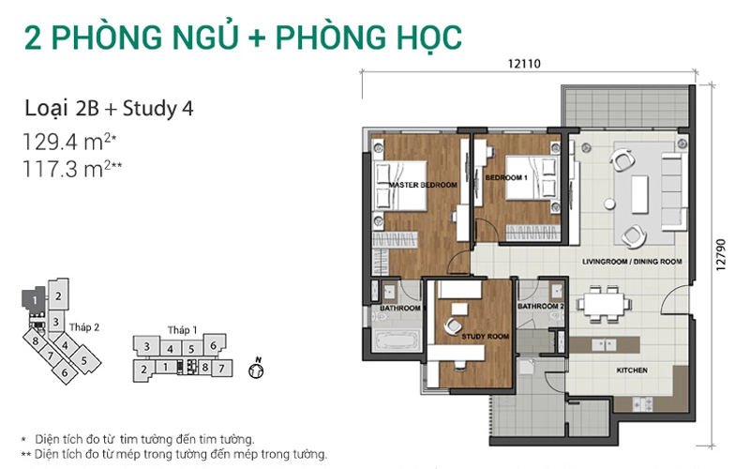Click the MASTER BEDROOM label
pyautogui.click(x=423, y=185)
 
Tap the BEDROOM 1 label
pyautogui.click(x=506, y=177)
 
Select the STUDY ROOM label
pyautogui.click(x=485, y=337)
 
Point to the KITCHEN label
pyautogui.click(x=632, y=370)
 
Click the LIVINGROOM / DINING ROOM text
pyautogui.click(x=632, y=262)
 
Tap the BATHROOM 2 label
pyautogui.click(x=541, y=306)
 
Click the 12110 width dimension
pyautogui.click(x=524, y=64)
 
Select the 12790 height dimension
pyautogui.click(x=720, y=254)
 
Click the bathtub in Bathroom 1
pyautogui.click(x=396, y=340)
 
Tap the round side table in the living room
pyautogui.click(x=609, y=204)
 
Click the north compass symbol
pyautogui.click(x=256, y=369)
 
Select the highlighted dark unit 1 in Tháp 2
pyautogui.click(x=34, y=300)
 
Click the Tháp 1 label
pyautogui.click(x=182, y=330)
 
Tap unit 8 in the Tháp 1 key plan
pyautogui.click(x=205, y=367)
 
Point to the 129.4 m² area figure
pyautogui.click(x=69, y=143)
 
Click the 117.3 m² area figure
pyautogui.click(x=72, y=169)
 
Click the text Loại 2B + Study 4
pyautogui.click(x=109, y=109)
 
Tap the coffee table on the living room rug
pyautogui.click(x=639, y=194)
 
